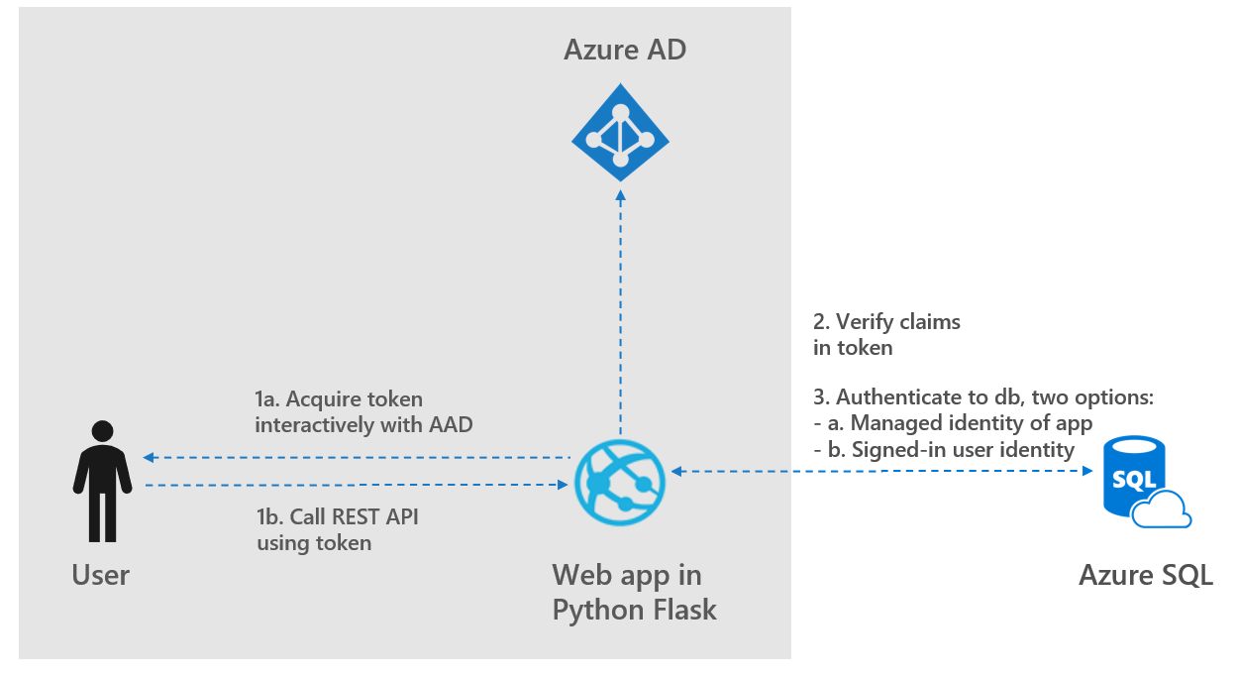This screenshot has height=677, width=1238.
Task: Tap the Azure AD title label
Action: click(x=624, y=50)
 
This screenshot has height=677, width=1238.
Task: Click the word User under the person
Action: click(x=101, y=575)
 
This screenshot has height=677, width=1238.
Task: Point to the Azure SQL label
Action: click(x=1146, y=576)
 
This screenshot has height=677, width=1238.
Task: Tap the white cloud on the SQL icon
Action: click(x=1161, y=510)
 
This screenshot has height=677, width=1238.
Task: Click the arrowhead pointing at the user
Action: click(x=149, y=458)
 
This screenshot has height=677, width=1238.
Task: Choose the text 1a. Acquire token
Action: click(x=339, y=400)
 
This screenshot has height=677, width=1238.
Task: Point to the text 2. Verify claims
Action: click(x=887, y=321)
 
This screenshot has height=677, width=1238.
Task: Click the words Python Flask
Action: click(x=635, y=610)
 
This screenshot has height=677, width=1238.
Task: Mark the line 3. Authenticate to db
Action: click(x=983, y=397)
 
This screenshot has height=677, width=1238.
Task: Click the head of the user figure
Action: click(x=102, y=431)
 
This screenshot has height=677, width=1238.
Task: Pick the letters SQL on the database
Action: click(x=1133, y=481)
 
